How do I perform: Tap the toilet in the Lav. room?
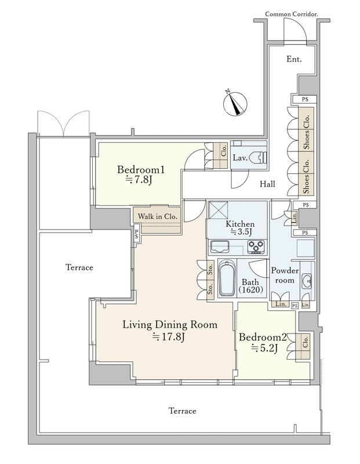tap(259, 158)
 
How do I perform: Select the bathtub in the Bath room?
tap(227, 278)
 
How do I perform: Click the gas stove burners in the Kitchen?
tap(256, 247)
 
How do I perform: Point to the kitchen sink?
tap(220, 246)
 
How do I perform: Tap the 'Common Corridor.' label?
tap(292, 14)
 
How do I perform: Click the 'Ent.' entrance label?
tap(294, 59)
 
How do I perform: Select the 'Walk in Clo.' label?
tap(157, 216)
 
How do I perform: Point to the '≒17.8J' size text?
tap(169, 336)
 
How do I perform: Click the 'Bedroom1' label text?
tap(140, 169)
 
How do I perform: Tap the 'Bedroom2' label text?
tap(263, 337)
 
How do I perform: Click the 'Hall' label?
tap(267, 184)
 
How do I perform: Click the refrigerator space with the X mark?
tap(219, 210)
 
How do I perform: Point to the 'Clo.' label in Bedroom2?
tap(306, 342)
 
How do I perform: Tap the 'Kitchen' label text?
tap(240, 224)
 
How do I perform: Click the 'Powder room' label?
tap(285, 275)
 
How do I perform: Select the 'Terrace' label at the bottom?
tap(183, 411)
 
